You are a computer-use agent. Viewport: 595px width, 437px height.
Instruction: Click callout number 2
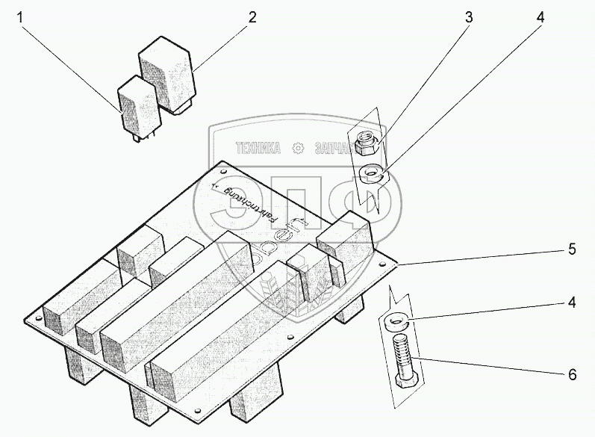252,16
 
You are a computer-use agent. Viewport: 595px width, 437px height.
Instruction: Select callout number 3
468,16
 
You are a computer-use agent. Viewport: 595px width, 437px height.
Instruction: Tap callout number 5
571,250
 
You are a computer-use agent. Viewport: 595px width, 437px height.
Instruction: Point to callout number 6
571,375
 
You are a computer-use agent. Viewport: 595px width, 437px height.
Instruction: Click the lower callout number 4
571,305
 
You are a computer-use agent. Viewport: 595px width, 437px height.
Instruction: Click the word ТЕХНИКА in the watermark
258,149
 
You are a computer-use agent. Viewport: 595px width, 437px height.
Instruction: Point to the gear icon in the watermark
299,149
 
